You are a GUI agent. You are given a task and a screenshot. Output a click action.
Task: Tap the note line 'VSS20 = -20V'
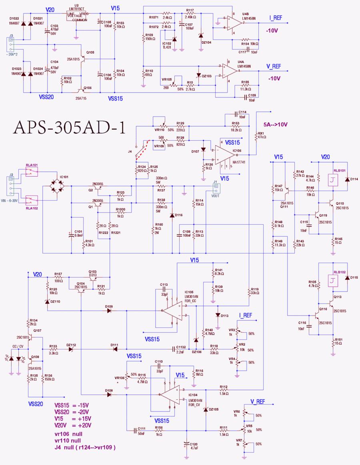coord(72,411)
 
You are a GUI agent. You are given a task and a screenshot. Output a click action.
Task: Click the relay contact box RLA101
coord(32,172)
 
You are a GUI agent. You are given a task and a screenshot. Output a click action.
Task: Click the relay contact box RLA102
coord(32,199)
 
